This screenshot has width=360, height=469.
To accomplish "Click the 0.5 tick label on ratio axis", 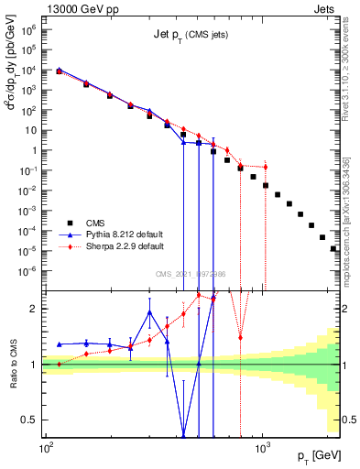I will [x=29, y=420].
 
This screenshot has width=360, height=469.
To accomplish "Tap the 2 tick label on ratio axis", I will [x=34, y=310].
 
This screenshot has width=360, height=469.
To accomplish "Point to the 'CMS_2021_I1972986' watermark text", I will [x=191, y=274].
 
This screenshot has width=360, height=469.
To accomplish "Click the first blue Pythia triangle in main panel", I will [x=59, y=69].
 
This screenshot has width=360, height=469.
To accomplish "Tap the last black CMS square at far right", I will [x=333, y=248].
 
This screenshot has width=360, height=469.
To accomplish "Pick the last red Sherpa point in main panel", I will [x=266, y=167].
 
